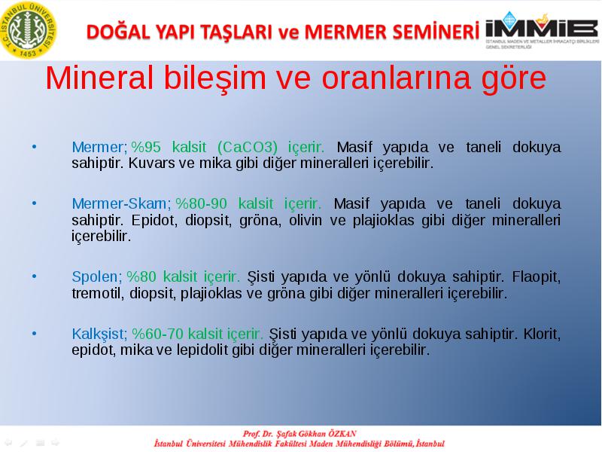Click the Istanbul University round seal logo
click(29, 30)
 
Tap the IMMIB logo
click(542, 29)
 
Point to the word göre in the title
click(514, 79)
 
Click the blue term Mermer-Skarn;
click(121, 203)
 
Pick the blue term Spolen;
click(97, 276)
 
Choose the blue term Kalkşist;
click(99, 334)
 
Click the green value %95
click(146, 147)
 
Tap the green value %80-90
click(201, 203)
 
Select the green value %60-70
click(157, 334)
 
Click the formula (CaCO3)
click(248, 147)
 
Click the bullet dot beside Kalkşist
click(34, 334)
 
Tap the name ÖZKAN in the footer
click(342, 434)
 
